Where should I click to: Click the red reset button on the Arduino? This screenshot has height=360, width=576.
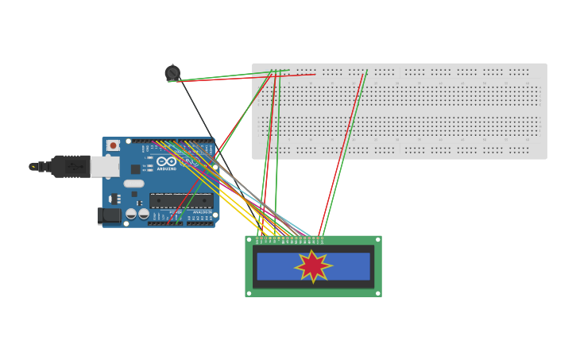point(113,145)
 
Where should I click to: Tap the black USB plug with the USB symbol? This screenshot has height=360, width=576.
point(75,166)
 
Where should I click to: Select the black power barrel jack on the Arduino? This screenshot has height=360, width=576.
point(109,215)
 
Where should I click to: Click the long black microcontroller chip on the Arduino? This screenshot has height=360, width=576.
point(181,200)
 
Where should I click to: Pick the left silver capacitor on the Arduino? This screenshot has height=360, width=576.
point(131,213)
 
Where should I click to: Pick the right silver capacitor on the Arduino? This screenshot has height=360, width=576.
point(144,213)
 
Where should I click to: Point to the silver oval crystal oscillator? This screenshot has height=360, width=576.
point(133,183)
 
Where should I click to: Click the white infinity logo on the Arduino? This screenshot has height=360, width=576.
point(166,161)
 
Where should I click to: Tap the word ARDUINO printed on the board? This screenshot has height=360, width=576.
point(166,168)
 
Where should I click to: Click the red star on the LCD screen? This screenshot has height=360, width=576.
point(313,266)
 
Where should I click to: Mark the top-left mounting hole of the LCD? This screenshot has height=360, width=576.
point(249,239)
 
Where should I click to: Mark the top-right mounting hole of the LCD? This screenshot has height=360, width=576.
point(378,239)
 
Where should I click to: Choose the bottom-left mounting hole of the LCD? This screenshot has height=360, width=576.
point(249,293)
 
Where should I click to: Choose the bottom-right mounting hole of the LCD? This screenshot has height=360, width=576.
point(378,293)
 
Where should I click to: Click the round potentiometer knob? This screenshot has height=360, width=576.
point(172,73)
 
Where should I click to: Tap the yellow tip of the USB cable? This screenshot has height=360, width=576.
point(33,166)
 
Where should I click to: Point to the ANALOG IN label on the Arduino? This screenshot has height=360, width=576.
point(203,212)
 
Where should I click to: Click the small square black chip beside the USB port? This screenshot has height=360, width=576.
point(135,168)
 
